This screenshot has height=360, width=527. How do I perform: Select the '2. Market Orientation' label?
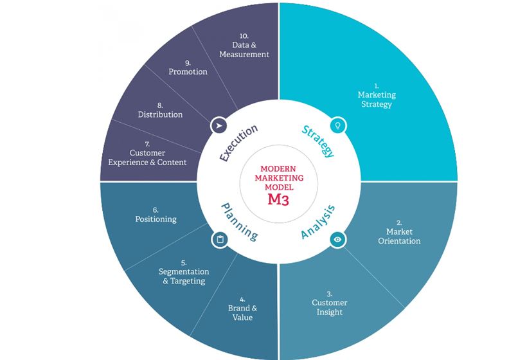pos(403,236)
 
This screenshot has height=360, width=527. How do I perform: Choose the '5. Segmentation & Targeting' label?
pos(183,272)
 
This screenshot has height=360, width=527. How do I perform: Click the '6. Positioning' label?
pos(156,215)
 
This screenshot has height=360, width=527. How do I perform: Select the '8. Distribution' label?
pos(160,110)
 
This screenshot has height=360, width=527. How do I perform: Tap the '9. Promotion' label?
pos(188,67)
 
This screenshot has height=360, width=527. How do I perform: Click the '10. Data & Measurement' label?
pos(244,45)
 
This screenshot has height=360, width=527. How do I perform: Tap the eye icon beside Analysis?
pos(338,239)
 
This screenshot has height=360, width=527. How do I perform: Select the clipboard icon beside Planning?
pos(219,240)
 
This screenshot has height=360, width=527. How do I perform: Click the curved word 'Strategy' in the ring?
pos(317,140)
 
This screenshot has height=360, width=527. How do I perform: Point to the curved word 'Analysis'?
pos(318,222)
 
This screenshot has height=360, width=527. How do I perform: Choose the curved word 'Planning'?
pos(239,222)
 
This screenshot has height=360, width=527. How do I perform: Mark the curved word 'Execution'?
pos(238,142)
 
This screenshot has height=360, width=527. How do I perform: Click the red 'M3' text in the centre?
pos(278,199)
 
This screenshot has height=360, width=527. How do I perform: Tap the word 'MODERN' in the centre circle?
pos(278,168)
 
